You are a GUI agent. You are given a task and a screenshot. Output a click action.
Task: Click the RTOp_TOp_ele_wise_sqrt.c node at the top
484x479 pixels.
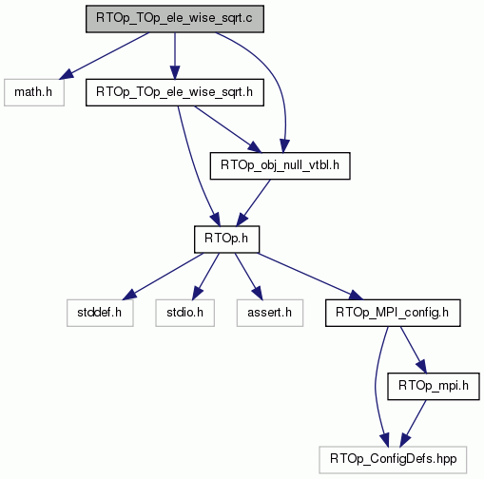click(175, 19)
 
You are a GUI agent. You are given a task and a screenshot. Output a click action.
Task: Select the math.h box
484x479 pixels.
click(34, 92)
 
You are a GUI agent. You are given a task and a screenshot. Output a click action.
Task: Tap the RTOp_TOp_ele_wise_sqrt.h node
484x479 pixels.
click(175, 92)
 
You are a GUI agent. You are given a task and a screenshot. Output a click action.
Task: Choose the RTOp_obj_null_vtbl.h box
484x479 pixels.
click(280, 165)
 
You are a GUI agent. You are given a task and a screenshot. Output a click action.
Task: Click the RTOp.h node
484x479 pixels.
click(226, 239)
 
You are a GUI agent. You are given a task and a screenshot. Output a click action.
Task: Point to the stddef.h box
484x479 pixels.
click(100, 313)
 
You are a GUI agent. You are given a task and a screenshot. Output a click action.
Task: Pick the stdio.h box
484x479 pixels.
click(184, 313)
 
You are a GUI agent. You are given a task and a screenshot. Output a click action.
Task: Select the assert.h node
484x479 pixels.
click(270, 313)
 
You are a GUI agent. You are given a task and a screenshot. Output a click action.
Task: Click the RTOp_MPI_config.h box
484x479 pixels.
click(393, 313)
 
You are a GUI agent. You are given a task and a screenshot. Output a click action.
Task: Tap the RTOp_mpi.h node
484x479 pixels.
click(434, 386)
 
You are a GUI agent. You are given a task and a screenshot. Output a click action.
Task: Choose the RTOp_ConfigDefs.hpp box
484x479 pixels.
click(393, 460)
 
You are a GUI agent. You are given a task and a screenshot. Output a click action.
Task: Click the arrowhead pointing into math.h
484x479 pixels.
click(66, 75)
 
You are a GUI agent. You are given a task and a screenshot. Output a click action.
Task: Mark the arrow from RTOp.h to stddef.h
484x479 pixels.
click(164, 277)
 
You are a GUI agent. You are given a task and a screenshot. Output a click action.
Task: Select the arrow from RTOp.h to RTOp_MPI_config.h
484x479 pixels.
click(311, 277)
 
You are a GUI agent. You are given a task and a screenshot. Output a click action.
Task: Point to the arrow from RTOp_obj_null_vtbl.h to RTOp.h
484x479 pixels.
click(254, 202)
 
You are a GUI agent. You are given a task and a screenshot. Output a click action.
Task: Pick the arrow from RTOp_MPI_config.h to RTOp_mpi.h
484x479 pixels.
click(414, 350)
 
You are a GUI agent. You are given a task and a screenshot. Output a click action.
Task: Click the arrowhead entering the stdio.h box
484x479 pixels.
click(196, 293)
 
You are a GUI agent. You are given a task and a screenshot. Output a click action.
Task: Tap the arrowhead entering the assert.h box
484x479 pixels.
click(258, 293)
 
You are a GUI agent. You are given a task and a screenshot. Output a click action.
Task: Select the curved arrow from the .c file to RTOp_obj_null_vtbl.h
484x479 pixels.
click(275, 79)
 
